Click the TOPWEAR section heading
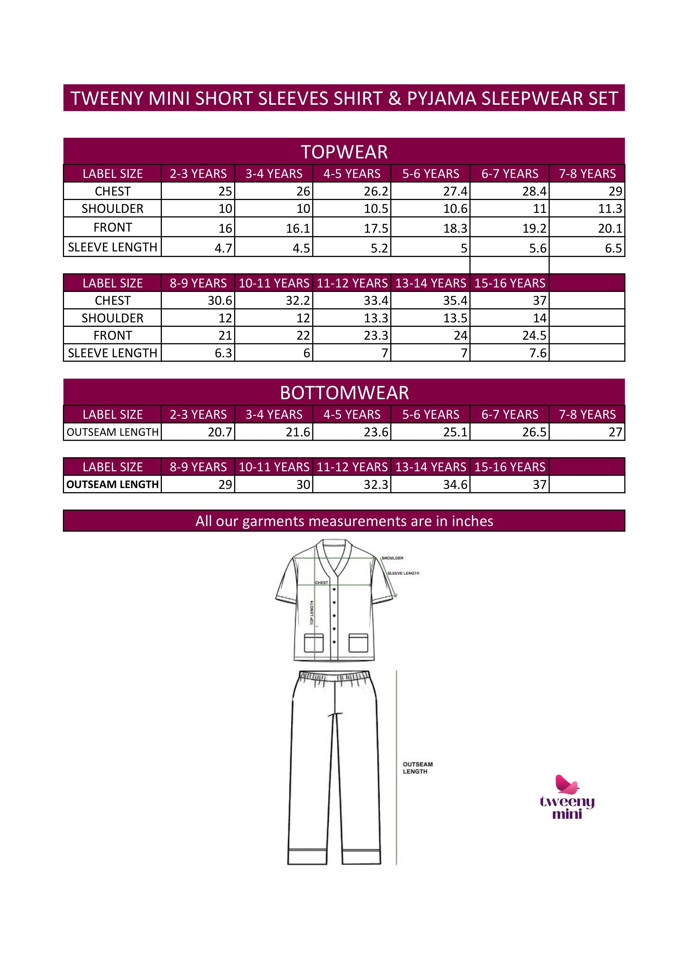[x=344, y=152]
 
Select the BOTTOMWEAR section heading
[x=344, y=393]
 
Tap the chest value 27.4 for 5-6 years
[x=455, y=191]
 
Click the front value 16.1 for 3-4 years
[x=298, y=228]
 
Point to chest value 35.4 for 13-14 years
[x=455, y=301]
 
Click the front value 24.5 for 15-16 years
[x=534, y=336]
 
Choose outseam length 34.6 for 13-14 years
[x=455, y=484]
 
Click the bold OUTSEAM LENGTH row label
[x=112, y=484]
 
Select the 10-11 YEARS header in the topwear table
[x=274, y=283]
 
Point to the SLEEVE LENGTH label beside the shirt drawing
[x=403, y=573]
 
